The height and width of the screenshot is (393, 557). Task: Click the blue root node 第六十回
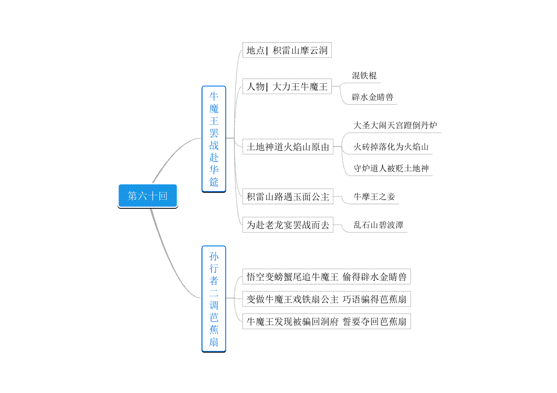(148, 196)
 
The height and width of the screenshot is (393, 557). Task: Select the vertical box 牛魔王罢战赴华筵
(214, 139)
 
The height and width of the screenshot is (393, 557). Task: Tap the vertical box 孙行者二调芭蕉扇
(214, 299)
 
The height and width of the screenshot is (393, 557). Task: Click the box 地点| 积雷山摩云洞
(287, 50)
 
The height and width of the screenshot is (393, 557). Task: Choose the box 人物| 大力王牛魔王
(287, 87)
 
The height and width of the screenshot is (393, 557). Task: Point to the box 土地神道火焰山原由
(288, 147)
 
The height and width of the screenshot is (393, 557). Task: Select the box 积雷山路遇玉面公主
(288, 196)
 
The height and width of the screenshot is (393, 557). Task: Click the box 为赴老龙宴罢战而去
(288, 225)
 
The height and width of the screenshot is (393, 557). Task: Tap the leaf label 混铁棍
(364, 75)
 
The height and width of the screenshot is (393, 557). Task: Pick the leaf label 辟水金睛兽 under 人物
(372, 97)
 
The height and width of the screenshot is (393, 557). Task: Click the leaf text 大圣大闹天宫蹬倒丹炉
(395, 125)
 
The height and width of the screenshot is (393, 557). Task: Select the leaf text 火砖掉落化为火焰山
(391, 147)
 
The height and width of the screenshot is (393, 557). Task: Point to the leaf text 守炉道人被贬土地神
(391, 168)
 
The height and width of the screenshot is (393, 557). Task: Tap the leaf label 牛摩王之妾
(374, 197)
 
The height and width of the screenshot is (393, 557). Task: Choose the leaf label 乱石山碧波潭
(378, 225)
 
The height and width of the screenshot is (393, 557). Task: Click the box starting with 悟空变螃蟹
(326, 277)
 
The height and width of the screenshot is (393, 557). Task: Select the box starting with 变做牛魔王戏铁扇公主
(326, 299)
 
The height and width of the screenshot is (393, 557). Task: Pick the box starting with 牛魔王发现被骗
(326, 321)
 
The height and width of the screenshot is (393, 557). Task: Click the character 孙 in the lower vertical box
(214, 256)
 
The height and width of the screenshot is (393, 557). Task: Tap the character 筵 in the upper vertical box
(214, 182)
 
